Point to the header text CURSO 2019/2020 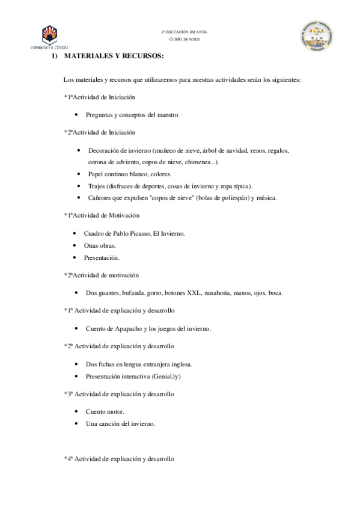click(x=183, y=38)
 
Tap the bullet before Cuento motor click(x=77, y=412)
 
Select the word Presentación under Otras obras click(x=102, y=257)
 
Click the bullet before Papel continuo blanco click(x=79, y=174)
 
